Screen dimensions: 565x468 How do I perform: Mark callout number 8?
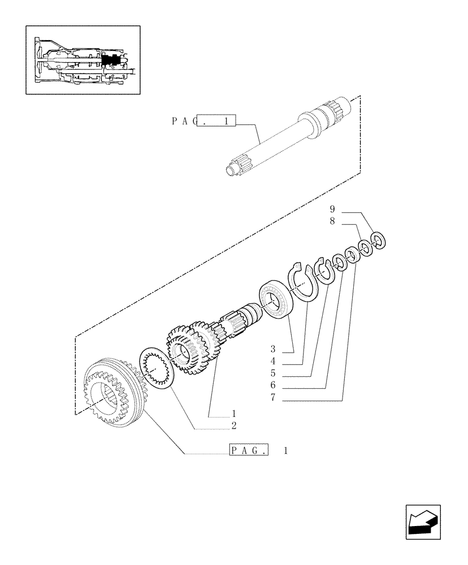pos(332,222)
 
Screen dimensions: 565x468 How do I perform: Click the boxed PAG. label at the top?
pos(216,121)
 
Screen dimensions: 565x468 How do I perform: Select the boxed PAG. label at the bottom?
pos(249,450)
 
